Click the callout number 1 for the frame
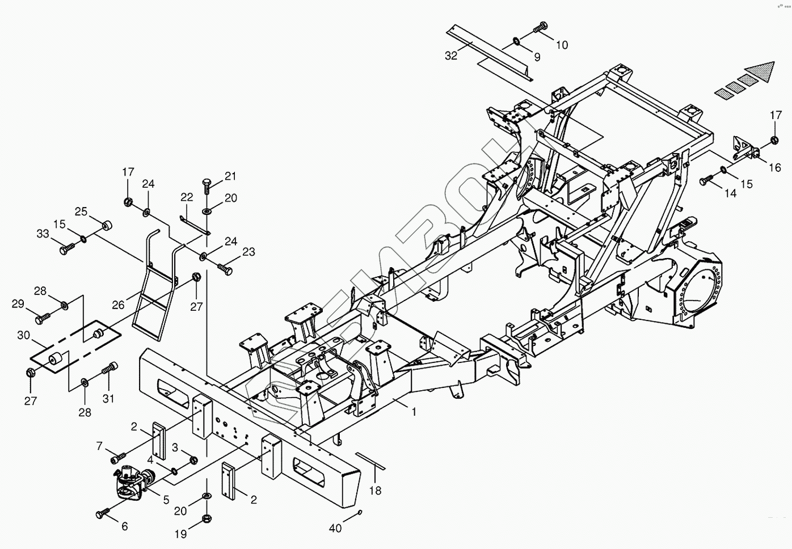pyautogui.click(x=414, y=412)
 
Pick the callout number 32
pyautogui.click(x=451, y=56)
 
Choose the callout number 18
pyautogui.click(x=375, y=491)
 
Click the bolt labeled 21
pyautogui.click(x=207, y=184)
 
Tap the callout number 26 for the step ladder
pyautogui.click(x=118, y=305)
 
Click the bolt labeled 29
pyautogui.click(x=43, y=319)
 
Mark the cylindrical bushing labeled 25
pyautogui.click(x=106, y=225)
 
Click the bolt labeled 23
pyautogui.click(x=225, y=269)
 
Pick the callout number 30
pyautogui.click(x=23, y=335)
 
